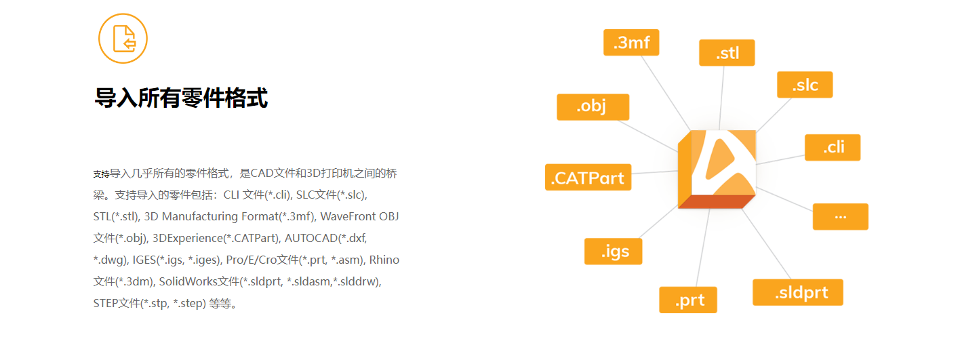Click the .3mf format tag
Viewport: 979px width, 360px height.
coord(631,43)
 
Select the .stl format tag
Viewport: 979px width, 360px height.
coord(727,53)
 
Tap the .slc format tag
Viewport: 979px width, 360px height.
coord(805,85)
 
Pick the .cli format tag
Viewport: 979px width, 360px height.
coord(833,147)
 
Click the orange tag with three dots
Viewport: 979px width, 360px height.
coord(840,216)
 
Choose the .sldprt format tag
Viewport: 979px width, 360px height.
coord(798,292)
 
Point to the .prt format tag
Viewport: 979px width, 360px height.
coord(688,300)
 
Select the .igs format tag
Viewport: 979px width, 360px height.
coord(614,252)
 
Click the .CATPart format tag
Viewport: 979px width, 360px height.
coord(588,178)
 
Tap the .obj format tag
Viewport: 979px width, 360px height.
coord(593,107)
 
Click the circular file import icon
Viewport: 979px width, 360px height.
coord(123,39)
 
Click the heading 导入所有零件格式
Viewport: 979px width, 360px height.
coord(181,98)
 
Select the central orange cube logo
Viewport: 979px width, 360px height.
coord(717,168)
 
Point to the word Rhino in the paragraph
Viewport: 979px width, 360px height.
coord(384,260)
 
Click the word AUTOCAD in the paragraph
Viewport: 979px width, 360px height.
coord(310,238)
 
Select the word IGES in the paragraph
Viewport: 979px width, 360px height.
coord(144,260)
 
